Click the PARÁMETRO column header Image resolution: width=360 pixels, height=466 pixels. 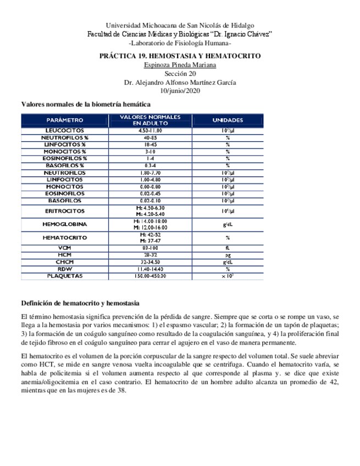tap(64, 120)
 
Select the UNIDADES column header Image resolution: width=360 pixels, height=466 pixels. tap(227, 120)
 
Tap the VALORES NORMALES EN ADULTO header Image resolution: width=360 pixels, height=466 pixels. tap(149, 120)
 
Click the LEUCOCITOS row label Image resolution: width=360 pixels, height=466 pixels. tap(64, 130)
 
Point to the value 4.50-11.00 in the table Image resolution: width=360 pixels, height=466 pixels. tap(150, 130)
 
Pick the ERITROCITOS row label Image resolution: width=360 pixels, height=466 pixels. tap(64, 211)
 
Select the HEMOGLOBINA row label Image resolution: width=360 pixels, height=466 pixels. tap(64, 224)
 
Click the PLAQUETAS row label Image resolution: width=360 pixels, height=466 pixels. tap(64, 276)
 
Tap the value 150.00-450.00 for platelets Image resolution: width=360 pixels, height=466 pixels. tap(150, 276)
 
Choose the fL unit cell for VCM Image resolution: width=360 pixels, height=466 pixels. tap(227, 248)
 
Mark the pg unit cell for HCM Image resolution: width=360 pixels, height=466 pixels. tap(227, 255)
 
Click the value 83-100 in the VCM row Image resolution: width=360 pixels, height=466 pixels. tap(150, 248)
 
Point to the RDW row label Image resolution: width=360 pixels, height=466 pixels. tap(64, 269)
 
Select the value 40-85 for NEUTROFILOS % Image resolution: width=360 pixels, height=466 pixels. tap(150, 137)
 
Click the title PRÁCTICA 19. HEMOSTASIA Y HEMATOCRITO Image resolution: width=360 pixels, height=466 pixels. tap(180, 56)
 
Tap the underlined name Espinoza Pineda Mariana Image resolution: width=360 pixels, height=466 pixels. tap(180, 65)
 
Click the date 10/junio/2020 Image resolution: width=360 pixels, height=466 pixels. tap(180, 91)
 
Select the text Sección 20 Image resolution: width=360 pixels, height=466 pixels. tap(180, 74)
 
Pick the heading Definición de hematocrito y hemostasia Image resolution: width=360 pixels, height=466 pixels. tap(80, 303)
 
